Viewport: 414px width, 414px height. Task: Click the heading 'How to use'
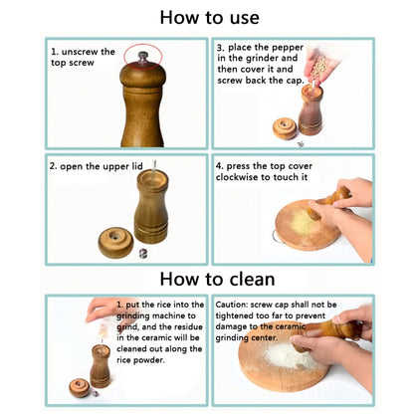click(209, 17)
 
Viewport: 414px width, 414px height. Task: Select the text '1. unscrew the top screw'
click(84, 56)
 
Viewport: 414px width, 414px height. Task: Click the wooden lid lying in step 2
click(114, 242)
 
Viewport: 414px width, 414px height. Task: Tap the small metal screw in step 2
click(140, 252)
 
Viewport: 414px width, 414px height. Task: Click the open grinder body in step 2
click(151, 206)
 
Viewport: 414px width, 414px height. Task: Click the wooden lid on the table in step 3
click(285, 128)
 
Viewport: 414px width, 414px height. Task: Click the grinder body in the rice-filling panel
click(101, 365)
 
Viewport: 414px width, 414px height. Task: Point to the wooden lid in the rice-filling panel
click(78, 387)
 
